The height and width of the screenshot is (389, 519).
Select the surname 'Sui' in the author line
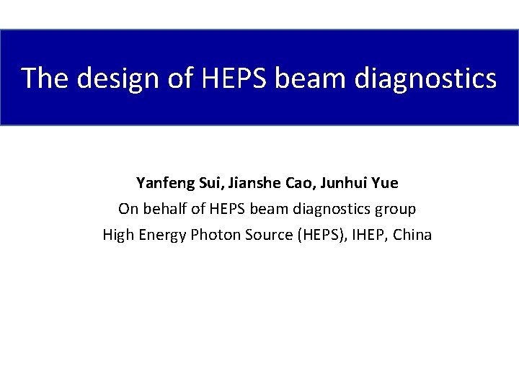click(x=208, y=183)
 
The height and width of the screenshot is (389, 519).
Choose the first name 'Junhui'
click(x=342, y=183)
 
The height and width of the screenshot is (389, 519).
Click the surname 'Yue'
click(x=386, y=183)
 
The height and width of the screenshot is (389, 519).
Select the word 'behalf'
click(x=159, y=209)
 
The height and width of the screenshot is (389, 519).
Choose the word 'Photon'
click(x=214, y=235)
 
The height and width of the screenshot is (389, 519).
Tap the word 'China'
click(x=412, y=235)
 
